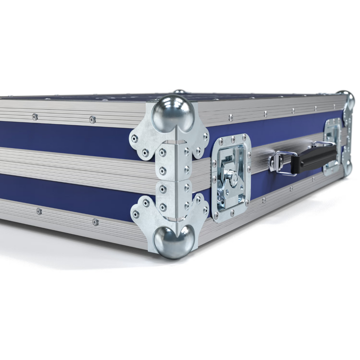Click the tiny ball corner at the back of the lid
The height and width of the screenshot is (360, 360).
tap(179, 92)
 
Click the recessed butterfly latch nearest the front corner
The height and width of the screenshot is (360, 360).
tap(230, 178)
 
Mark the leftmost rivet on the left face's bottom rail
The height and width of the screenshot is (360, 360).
tap(39, 211)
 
